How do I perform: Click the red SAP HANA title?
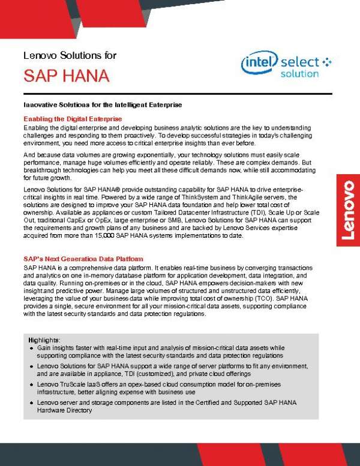pyautogui.click(x=66, y=76)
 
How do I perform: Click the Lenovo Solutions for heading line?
pyautogui.click(x=70, y=55)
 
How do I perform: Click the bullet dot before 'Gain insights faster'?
pyautogui.click(x=31, y=348)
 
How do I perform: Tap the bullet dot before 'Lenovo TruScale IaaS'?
pyautogui.click(x=31, y=383)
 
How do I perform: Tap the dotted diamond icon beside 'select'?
pyautogui.click(x=326, y=61)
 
